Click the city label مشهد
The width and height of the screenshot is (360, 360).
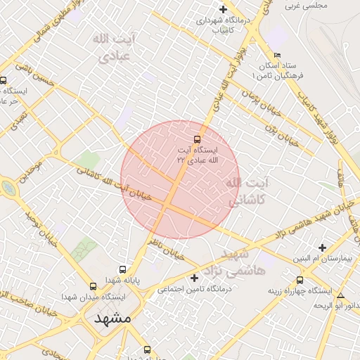[x=112, y=318]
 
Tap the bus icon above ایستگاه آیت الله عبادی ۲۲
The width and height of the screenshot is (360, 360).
[x=197, y=139]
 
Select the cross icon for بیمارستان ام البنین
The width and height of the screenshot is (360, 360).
[x=322, y=247]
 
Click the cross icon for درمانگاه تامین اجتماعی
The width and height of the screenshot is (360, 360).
[x=195, y=278]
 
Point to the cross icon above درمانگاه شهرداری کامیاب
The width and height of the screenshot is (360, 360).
[x=223, y=10]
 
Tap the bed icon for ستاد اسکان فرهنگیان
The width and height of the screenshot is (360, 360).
[x=277, y=56]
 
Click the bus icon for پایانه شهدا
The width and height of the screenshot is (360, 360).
[x=123, y=269]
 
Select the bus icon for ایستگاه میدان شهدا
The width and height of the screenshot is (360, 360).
[x=93, y=286]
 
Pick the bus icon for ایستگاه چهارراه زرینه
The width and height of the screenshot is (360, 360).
[x=300, y=280]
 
